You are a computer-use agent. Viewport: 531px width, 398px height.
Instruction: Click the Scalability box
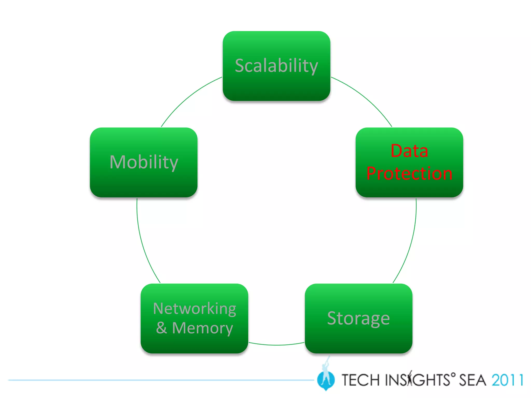(276, 66)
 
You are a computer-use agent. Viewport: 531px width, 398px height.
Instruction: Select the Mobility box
(144, 162)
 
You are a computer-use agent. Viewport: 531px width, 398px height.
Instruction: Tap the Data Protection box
(409, 162)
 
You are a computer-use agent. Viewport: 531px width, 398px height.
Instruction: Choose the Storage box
(359, 318)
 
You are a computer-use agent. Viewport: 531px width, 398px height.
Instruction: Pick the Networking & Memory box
(194, 318)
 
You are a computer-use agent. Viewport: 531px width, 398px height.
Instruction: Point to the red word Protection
(409, 173)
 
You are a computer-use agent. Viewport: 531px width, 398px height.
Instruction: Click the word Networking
(194, 309)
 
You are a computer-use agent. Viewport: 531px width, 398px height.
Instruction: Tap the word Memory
(202, 328)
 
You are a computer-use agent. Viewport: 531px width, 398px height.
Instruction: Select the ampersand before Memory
(161, 328)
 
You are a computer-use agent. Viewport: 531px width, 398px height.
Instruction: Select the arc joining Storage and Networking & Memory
(276, 345)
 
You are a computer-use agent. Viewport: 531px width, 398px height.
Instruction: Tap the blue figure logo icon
(326, 378)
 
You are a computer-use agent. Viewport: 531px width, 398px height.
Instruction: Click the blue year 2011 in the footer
(507, 380)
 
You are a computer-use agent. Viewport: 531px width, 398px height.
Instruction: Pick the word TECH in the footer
(361, 380)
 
